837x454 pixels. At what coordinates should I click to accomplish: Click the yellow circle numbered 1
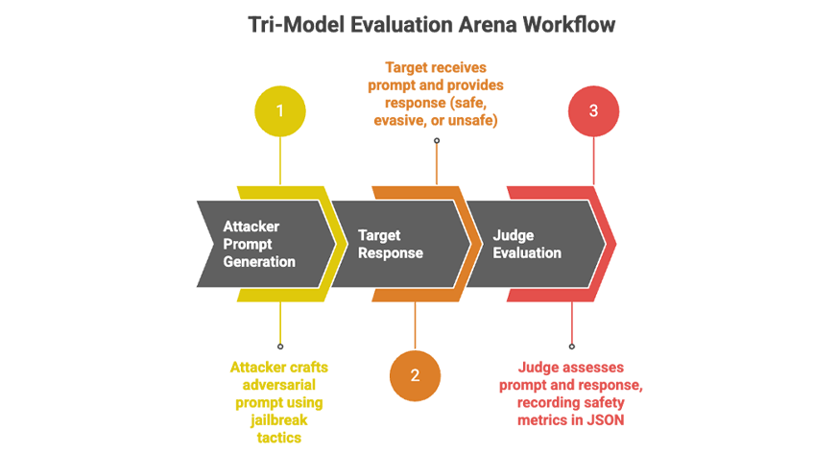280,110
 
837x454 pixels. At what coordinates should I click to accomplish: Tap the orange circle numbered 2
415,374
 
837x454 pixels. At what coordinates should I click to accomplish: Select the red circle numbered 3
593,110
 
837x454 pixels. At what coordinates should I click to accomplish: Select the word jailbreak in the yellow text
278,419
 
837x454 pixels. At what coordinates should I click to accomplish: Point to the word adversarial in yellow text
278,385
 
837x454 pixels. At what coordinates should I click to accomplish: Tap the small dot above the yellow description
280,346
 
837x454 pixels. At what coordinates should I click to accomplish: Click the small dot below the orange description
437,140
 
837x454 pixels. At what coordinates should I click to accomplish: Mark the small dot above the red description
572,346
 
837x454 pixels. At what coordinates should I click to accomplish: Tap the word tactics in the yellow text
278,437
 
